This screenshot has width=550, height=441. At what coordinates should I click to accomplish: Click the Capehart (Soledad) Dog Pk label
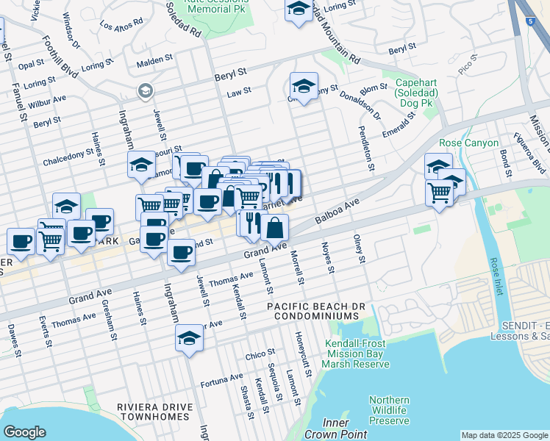pyautogui.click(x=416, y=93)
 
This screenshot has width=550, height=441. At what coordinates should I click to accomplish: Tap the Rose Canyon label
pyautogui.click(x=468, y=143)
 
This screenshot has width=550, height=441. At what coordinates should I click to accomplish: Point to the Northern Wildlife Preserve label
pyautogui.click(x=389, y=410)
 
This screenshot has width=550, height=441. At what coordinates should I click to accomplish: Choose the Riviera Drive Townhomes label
pyautogui.click(x=155, y=412)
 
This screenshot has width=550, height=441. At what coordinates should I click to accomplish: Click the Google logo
pyautogui.click(x=24, y=432)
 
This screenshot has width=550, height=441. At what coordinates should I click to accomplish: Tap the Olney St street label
pyautogui.click(x=360, y=250)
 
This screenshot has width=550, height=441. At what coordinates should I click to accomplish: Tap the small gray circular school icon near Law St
pyautogui.click(x=144, y=90)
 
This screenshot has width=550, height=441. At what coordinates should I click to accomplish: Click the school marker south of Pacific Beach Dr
pyautogui.click(x=189, y=339)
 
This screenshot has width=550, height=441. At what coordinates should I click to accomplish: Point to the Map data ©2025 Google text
pyautogui.click(x=504, y=434)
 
